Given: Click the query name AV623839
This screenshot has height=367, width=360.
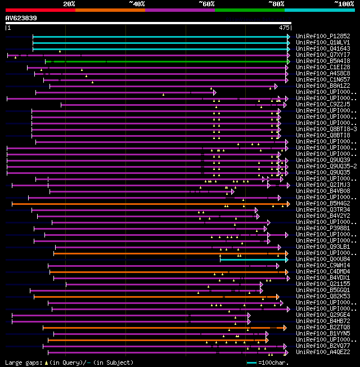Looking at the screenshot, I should coord(21,18).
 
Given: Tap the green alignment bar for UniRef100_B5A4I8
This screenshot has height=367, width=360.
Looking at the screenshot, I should coord(169,61).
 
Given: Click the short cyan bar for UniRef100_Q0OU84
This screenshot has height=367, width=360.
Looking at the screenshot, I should coord(253,259).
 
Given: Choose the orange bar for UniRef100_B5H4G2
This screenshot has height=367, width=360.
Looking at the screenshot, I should coord(146,204).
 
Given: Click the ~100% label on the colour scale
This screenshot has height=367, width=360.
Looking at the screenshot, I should coord(344,4).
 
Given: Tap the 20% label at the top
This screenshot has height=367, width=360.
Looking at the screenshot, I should coord(69,4).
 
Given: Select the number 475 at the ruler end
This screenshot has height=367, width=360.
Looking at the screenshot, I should coord(284,27).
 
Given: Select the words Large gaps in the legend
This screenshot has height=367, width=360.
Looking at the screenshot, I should coord(22,362).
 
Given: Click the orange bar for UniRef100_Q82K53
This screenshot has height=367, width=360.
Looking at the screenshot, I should coord(152,297).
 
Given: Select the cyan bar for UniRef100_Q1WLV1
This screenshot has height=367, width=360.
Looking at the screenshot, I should coord(160,42).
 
